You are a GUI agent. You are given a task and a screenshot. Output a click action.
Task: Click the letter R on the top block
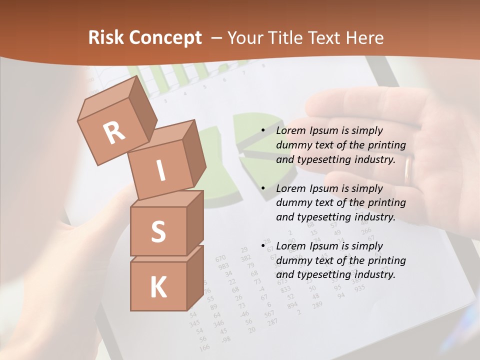(114, 132)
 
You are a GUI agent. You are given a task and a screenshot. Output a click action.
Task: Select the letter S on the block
(158, 231)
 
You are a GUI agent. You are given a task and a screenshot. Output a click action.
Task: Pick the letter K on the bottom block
(158, 287)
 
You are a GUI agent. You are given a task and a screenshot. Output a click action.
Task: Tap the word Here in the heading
(364, 37)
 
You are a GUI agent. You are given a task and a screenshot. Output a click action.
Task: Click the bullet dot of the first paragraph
(263, 130)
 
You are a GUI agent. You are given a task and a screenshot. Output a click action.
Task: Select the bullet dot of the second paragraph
(263, 188)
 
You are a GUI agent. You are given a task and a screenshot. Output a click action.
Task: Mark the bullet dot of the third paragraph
(263, 246)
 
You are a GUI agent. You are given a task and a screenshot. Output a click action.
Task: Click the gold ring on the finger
(408, 169)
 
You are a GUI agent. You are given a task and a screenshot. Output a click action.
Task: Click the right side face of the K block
(195, 277)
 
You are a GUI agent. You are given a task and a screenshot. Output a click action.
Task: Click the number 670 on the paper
(220, 258)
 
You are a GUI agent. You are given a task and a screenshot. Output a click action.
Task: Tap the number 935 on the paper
(359, 288)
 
